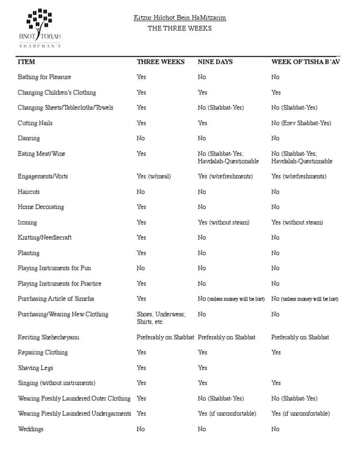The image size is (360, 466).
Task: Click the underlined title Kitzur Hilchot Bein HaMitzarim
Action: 180,18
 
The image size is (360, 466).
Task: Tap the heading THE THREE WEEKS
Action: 180,29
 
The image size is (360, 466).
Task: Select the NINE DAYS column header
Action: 215,62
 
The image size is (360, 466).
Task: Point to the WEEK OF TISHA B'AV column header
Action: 305,62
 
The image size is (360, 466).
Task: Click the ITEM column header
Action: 26,62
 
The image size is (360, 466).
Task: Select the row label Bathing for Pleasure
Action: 44,77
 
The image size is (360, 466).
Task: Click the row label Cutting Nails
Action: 35,123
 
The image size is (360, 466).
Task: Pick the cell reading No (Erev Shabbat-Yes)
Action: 301,123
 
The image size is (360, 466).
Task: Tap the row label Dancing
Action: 29,138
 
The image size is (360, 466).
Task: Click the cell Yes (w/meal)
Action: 154,176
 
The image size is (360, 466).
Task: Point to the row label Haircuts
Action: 29,192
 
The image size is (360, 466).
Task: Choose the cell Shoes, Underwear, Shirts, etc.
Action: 161,318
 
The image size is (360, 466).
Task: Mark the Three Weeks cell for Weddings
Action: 141,429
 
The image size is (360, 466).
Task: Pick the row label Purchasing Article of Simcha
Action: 56,299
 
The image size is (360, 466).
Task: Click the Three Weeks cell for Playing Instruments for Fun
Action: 141,268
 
